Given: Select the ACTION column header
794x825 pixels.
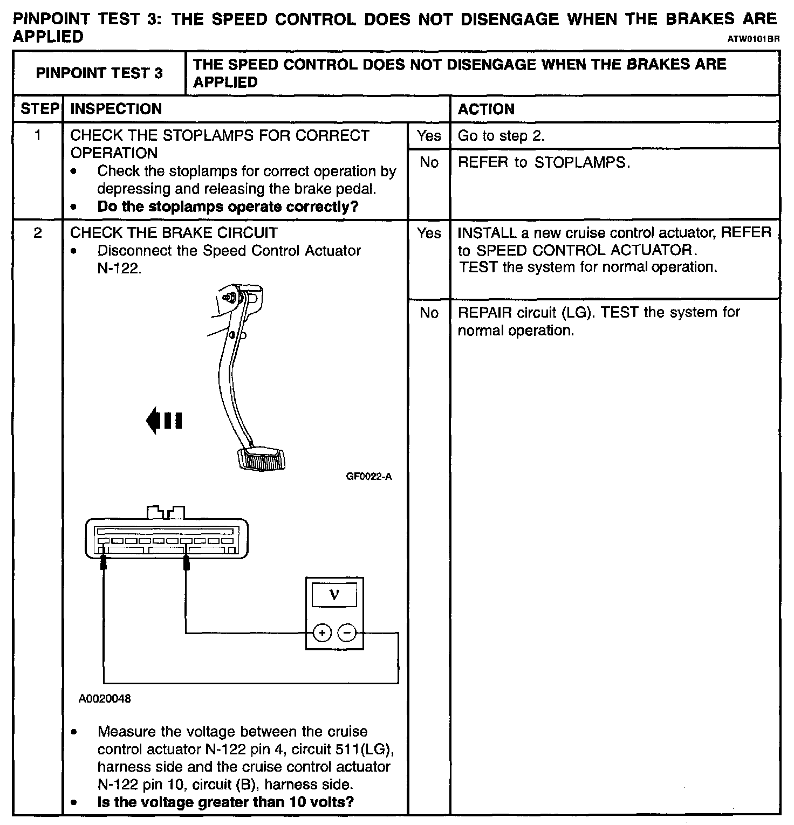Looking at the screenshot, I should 486,109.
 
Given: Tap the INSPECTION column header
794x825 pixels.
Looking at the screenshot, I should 116,109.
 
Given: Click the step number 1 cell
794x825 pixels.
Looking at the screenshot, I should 37,135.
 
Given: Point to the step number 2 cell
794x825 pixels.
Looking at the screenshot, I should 37,233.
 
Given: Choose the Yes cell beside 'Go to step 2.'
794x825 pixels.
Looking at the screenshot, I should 429,136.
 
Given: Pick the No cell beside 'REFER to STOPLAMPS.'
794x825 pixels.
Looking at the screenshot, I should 429,162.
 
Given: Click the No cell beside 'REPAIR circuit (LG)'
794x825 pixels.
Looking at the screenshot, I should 429,313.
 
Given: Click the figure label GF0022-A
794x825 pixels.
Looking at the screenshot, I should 369,477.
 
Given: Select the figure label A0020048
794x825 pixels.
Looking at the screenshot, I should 105,699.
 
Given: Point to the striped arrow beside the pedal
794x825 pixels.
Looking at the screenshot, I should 165,420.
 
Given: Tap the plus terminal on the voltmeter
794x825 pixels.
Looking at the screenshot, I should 322,632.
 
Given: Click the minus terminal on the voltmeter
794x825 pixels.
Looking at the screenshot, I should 347,632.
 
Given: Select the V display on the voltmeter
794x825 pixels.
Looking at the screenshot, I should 334,595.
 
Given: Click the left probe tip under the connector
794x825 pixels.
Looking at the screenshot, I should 104,563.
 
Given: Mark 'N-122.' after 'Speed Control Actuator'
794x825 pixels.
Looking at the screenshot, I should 119,269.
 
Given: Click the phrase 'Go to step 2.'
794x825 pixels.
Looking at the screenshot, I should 501,136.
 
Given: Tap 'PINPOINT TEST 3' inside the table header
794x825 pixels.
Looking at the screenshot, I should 99,73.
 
